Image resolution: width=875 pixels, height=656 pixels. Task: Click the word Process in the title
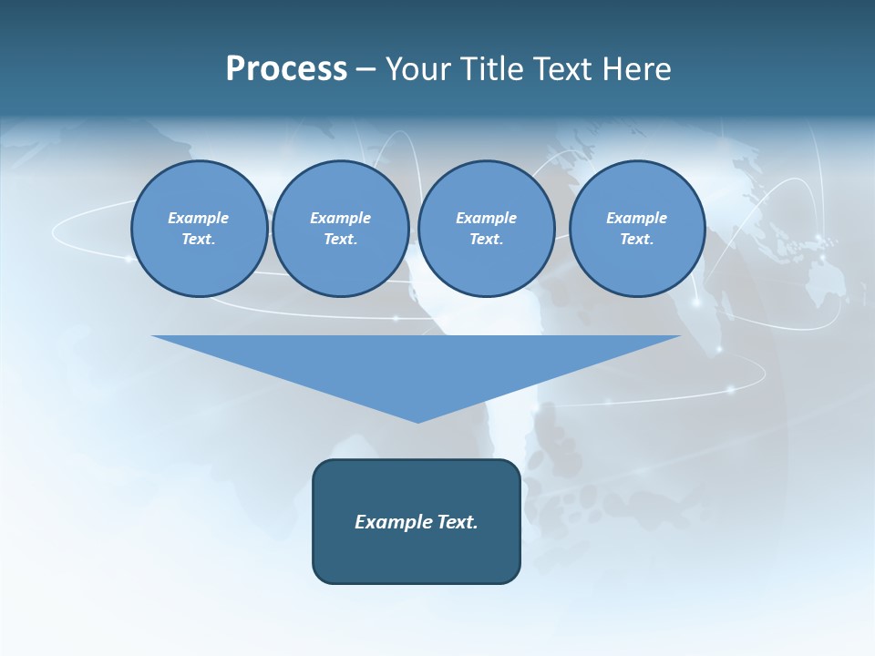click(286, 69)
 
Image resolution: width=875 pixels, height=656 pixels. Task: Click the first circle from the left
click(200, 228)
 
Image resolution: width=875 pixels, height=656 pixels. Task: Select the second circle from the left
click(341, 228)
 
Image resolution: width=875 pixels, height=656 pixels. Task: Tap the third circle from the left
click(487, 228)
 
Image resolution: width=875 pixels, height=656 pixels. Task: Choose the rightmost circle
click(637, 228)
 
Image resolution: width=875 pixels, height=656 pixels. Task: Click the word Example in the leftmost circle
click(199, 218)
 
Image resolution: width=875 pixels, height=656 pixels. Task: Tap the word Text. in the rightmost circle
click(637, 239)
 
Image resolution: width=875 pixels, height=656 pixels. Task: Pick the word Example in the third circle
click(486, 218)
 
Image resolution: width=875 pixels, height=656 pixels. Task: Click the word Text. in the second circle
click(341, 239)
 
